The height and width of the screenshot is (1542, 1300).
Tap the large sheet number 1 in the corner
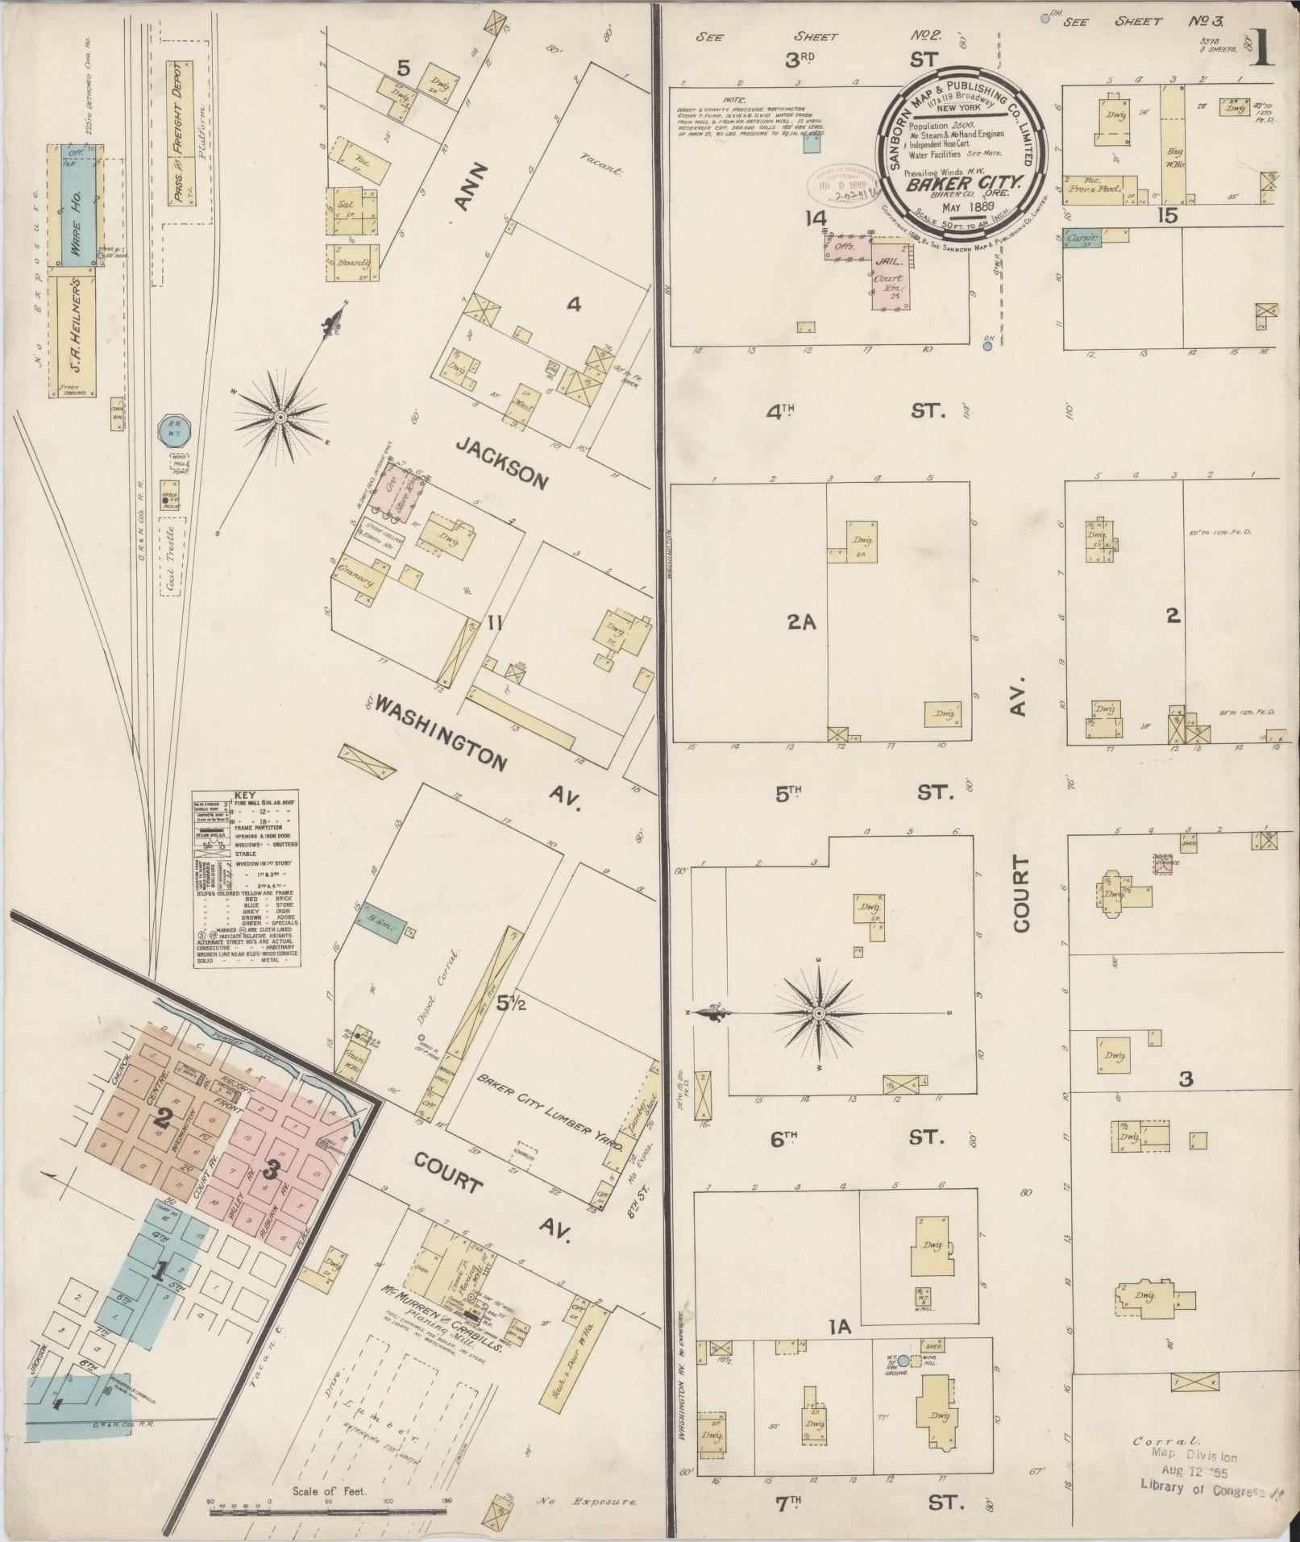pos(1262,50)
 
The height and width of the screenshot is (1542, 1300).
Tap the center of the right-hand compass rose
pos(819,1012)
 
